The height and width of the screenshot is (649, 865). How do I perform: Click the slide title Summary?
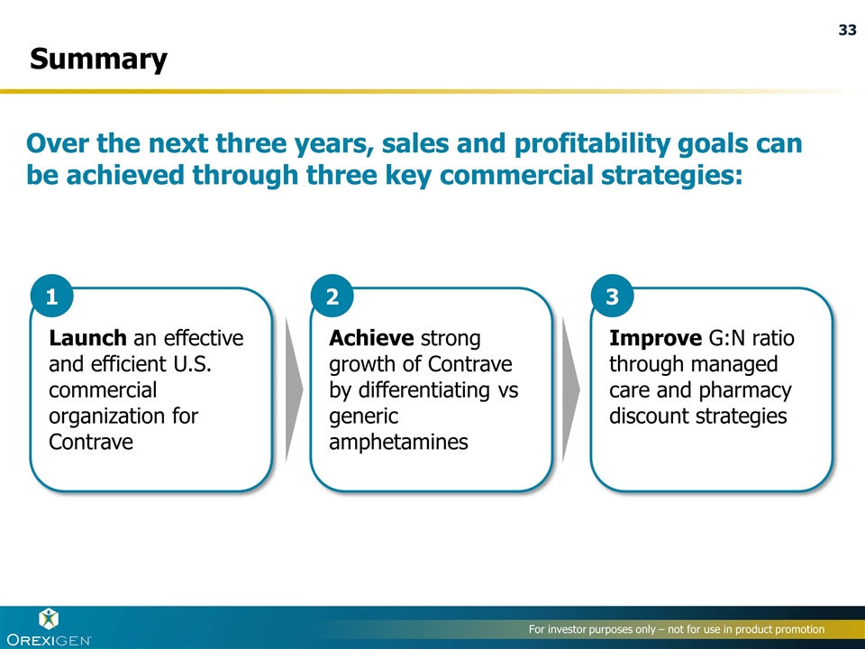click(98, 59)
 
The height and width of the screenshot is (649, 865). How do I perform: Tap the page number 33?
click(847, 30)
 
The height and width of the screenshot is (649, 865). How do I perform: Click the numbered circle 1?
click(52, 297)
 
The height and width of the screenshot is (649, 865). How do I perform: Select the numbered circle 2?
click(332, 297)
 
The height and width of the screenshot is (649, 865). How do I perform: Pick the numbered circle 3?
click(613, 297)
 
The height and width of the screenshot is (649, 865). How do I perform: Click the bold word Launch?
click(87, 338)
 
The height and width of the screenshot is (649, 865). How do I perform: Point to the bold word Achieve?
click(371, 338)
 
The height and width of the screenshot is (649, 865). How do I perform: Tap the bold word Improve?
click(655, 338)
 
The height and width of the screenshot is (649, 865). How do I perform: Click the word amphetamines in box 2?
click(398, 442)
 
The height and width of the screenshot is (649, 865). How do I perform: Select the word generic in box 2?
click(363, 416)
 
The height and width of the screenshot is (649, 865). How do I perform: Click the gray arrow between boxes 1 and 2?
click(294, 389)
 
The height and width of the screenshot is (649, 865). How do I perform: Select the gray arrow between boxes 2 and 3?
click(571, 389)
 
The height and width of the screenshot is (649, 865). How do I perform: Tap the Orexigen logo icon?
click(49, 619)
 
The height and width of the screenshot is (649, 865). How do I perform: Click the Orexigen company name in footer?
click(49, 640)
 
